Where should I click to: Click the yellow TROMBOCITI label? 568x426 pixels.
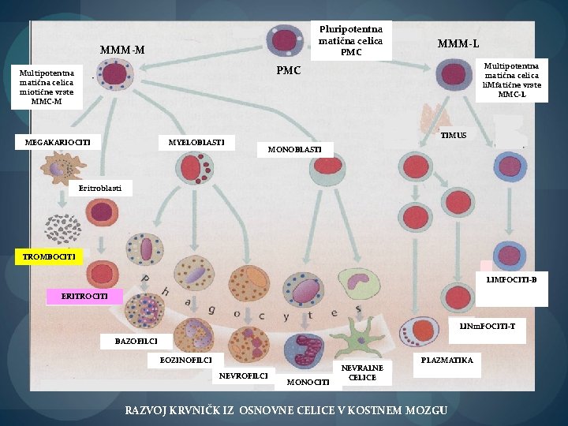(x=49, y=257)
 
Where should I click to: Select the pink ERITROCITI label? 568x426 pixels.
(x=84, y=297)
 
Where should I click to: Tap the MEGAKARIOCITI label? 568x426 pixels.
(x=58, y=142)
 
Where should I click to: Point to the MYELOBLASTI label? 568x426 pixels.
(x=196, y=142)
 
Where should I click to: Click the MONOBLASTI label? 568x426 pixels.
(x=295, y=150)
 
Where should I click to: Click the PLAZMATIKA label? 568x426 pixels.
(x=447, y=361)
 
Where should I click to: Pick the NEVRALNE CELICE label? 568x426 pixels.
(x=362, y=372)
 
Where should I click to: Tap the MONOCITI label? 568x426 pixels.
(x=308, y=382)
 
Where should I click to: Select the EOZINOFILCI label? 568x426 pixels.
(x=186, y=361)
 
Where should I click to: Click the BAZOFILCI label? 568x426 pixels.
(x=136, y=342)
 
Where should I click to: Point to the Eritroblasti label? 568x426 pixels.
(x=100, y=189)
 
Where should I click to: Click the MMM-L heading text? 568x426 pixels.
(x=458, y=44)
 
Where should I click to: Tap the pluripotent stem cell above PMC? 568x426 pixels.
(x=285, y=40)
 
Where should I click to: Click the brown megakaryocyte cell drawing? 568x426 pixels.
(x=63, y=168)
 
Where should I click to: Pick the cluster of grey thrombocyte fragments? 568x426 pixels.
(x=62, y=229)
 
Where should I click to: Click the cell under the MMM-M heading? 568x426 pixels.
(x=115, y=74)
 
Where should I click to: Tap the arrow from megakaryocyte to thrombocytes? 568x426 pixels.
(x=62, y=199)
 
